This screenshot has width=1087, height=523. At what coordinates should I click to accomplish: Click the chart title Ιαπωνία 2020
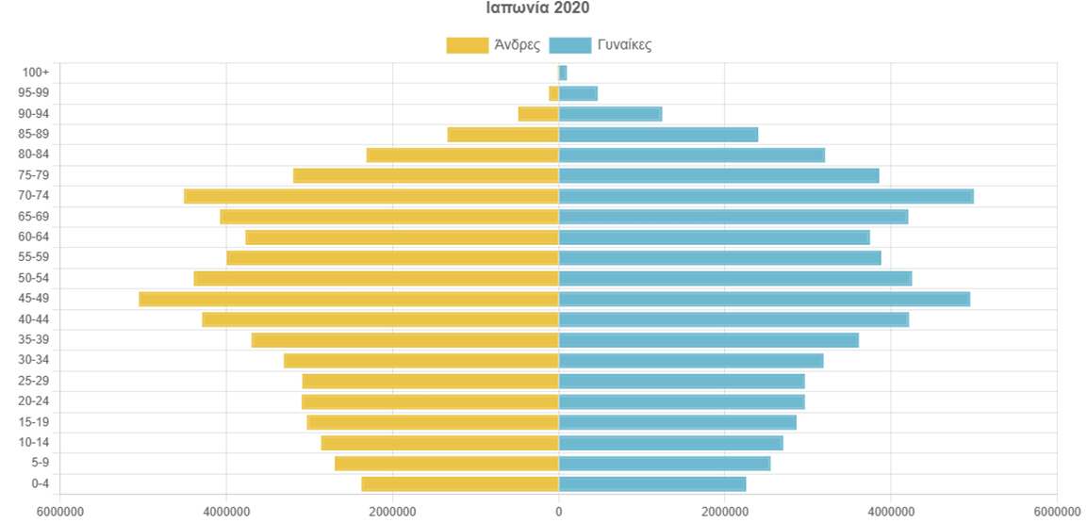point(537,8)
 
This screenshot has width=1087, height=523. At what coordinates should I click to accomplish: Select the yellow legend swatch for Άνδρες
point(467,44)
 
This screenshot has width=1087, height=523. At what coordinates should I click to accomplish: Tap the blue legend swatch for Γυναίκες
point(569,44)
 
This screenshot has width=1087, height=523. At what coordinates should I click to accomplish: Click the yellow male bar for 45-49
point(349,299)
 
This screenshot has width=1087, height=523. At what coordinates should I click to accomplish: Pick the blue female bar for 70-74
point(766,196)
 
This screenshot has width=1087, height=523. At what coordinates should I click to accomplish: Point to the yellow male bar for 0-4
point(460,484)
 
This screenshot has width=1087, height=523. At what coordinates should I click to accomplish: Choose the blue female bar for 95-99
point(578,93)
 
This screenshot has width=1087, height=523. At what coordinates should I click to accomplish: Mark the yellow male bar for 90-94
point(538,114)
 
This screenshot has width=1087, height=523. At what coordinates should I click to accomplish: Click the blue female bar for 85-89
point(658,135)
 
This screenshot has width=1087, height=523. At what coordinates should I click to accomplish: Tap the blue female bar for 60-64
point(714,237)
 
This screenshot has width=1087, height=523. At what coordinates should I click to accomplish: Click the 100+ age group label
point(36,73)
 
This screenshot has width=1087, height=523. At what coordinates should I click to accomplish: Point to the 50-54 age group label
point(33,278)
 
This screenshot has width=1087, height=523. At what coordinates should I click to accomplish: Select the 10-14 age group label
point(33,443)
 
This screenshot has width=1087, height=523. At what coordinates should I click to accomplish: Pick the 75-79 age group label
point(33,175)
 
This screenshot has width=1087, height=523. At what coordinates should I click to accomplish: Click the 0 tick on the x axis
point(559,512)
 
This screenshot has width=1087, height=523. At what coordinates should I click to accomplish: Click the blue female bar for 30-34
point(691,361)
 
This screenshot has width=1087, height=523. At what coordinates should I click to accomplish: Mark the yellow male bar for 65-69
point(389,217)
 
